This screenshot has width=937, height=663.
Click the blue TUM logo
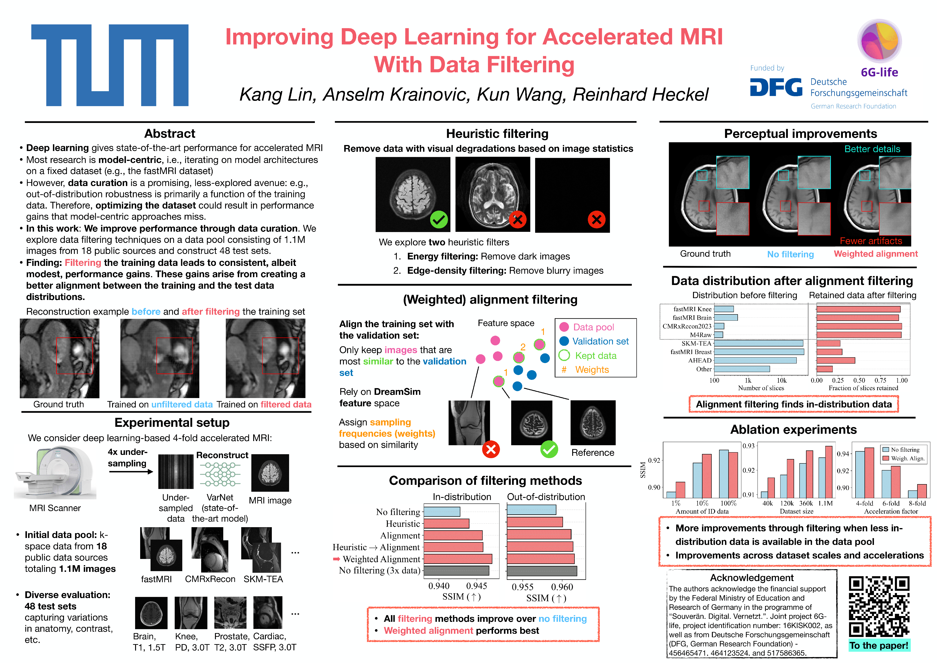[110, 65]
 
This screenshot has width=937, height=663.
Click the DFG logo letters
[776, 87]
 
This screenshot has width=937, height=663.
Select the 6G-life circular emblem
[879, 41]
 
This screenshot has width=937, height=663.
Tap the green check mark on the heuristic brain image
[439, 220]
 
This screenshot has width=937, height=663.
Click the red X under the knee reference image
[491, 450]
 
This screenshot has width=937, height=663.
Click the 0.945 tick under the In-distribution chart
[477, 586]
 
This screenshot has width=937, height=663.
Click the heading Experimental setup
[172, 422]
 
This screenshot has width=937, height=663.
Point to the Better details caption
[872, 149]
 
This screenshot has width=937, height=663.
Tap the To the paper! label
[879, 646]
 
